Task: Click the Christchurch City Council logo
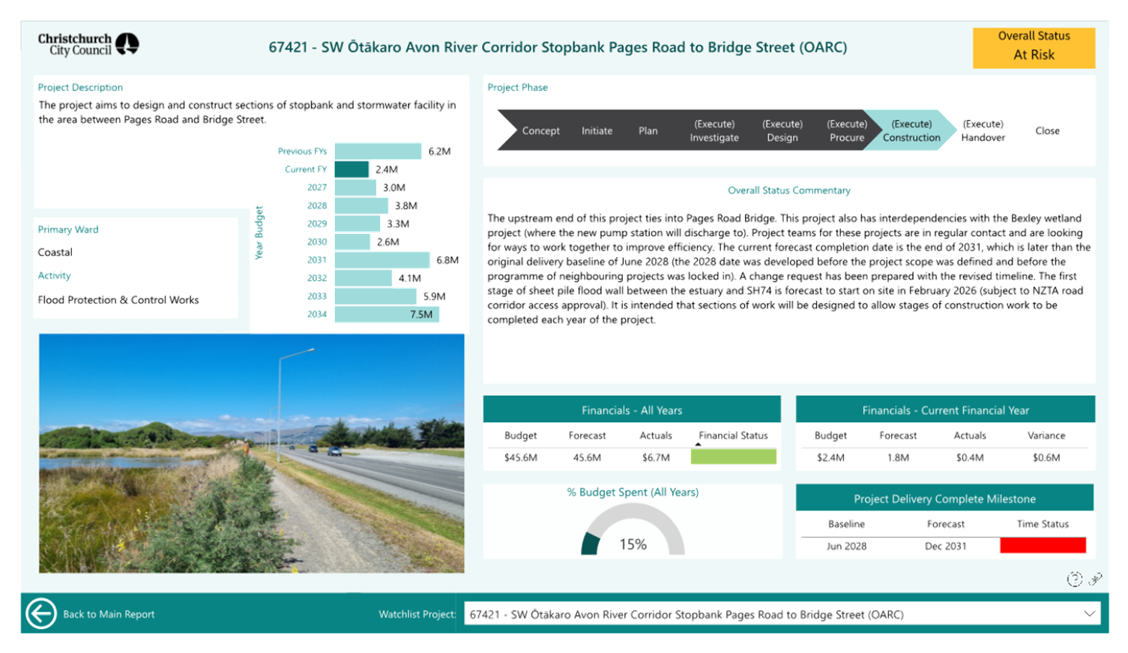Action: click(88, 44)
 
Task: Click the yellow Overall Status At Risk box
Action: click(1034, 48)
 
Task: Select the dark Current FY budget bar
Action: click(352, 169)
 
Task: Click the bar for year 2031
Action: click(382, 260)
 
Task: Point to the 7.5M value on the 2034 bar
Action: click(421, 314)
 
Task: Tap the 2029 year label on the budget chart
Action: click(317, 223)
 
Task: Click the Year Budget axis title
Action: click(259, 232)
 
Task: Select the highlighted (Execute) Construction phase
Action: click(911, 130)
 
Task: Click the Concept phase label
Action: click(541, 130)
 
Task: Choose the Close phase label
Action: click(1048, 130)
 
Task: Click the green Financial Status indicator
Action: click(733, 457)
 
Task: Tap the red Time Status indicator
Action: click(1043, 545)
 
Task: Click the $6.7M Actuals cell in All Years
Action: click(656, 457)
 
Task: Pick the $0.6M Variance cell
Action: click(1046, 457)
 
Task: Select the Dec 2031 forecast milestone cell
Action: click(945, 547)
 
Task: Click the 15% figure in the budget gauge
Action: click(633, 544)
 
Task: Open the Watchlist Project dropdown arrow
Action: click(1090, 614)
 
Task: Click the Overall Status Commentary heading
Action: click(789, 190)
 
